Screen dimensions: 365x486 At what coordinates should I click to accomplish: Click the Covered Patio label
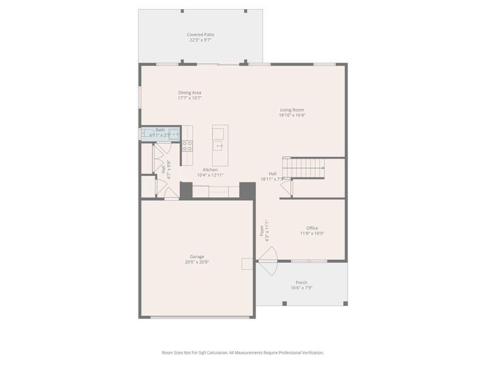pyautogui.click(x=200, y=35)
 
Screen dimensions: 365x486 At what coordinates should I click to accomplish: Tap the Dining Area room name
pyautogui.click(x=190, y=92)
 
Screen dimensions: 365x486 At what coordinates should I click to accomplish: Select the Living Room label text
pyautogui.click(x=292, y=109)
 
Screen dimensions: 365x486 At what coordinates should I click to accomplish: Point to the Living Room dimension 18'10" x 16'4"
pyautogui.click(x=292, y=115)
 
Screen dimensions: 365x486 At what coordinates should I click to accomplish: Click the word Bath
pyautogui.click(x=160, y=130)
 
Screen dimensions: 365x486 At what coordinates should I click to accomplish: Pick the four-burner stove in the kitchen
pyautogui.click(x=188, y=145)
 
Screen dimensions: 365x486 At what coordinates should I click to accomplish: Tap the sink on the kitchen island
pyautogui.click(x=219, y=145)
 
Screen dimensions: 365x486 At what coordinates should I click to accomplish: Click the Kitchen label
pyautogui.click(x=210, y=170)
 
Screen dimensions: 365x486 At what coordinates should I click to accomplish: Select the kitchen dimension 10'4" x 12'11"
pyautogui.click(x=210, y=175)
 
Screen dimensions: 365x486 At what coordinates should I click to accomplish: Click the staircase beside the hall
pyautogui.click(x=306, y=167)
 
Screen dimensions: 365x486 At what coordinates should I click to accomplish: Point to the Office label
pyautogui.click(x=312, y=228)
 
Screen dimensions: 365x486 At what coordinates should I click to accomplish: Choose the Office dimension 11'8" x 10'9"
pyautogui.click(x=312, y=234)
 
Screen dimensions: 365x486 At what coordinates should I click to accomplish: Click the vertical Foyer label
pyautogui.click(x=262, y=231)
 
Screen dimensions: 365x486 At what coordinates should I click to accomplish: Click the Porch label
pyautogui.click(x=301, y=282)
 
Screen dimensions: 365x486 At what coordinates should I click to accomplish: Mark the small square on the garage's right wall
pyautogui.click(x=247, y=263)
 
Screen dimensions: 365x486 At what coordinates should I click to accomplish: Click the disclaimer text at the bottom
pyautogui.click(x=243, y=352)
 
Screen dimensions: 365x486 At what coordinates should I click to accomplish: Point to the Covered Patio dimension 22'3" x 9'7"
pyautogui.click(x=200, y=40)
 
